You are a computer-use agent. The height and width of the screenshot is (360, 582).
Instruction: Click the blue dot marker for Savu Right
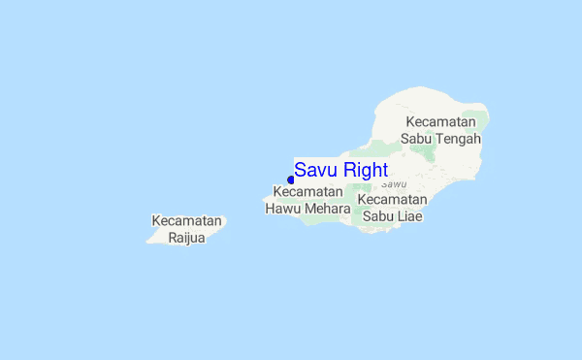pos(291,180)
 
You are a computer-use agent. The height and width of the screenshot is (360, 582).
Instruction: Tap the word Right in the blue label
pos(364,171)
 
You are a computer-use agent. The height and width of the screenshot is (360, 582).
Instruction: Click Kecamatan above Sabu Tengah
pos(441,122)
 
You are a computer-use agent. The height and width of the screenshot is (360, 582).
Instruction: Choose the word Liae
pos(408,215)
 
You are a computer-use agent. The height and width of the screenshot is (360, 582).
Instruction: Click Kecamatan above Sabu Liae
pos(392,199)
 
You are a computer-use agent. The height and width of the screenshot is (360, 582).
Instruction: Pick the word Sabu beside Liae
pos(379,215)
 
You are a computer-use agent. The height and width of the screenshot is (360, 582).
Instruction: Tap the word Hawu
pos(285,209)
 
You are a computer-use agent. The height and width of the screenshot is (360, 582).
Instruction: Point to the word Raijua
pos(186,238)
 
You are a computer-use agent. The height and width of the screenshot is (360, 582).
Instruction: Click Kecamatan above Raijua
pos(186,221)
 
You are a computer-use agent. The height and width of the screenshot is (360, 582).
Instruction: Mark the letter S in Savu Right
pos(301,171)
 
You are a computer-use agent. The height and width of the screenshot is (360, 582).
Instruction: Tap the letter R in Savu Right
pos(347,171)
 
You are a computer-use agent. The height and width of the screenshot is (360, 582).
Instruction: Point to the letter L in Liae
pos(399,215)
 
